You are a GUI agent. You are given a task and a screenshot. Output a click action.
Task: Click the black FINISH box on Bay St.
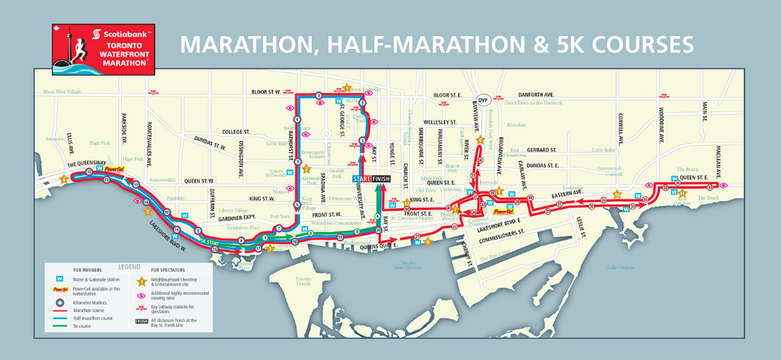pyautogui.click(x=381, y=179)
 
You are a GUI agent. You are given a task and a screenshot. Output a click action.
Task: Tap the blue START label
pyautogui.click(x=362, y=179)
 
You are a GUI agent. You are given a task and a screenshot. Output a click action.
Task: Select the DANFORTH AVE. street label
pyautogui.click(x=535, y=95)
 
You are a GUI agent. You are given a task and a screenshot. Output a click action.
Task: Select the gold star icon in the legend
pyautogui.click(x=142, y=282)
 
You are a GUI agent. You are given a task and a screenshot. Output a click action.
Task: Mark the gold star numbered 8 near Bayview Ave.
pyautogui.click(x=480, y=140)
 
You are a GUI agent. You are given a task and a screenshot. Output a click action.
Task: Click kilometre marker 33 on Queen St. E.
pyautogui.click(x=711, y=187)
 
